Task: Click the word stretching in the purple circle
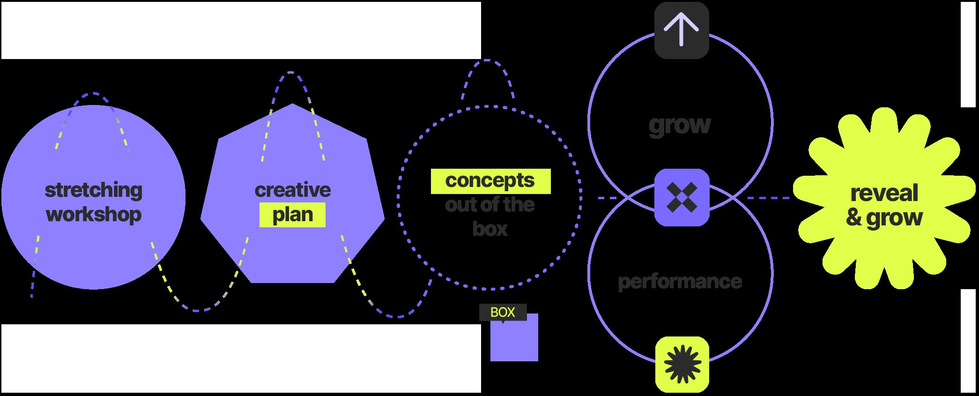pyautogui.click(x=93, y=190)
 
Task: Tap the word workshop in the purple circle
pyautogui.click(x=94, y=215)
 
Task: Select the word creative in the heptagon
pyautogui.click(x=293, y=190)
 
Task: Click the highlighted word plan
pyautogui.click(x=293, y=215)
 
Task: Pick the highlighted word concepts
pyautogui.click(x=490, y=181)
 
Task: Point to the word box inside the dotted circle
pyautogui.click(x=490, y=229)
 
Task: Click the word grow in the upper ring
pyautogui.click(x=680, y=125)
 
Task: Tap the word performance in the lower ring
pyautogui.click(x=680, y=282)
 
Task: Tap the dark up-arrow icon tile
pyautogui.click(x=682, y=30)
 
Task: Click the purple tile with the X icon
pyautogui.click(x=682, y=197)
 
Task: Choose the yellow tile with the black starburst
pyautogui.click(x=682, y=364)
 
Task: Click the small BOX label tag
pyautogui.click(x=503, y=312)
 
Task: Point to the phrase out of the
pyautogui.click(x=490, y=205)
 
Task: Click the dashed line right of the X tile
pyautogui.click(x=768, y=198)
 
